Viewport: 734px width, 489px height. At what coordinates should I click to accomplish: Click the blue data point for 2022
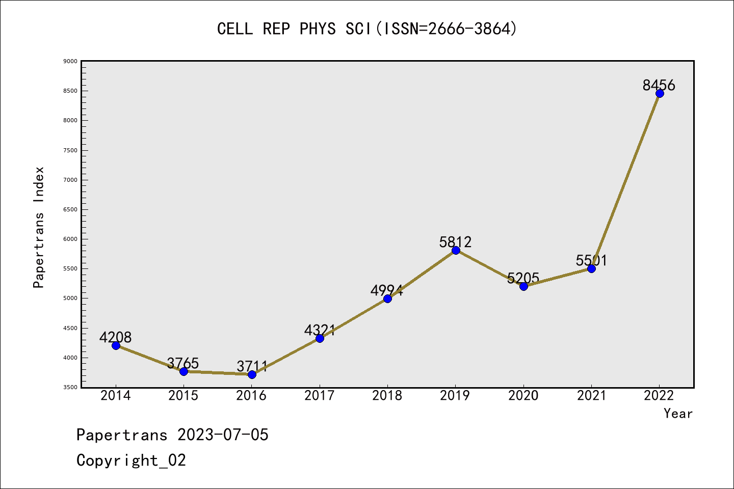pyautogui.click(x=660, y=93)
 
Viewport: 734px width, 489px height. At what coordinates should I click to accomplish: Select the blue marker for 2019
pyautogui.click(x=456, y=250)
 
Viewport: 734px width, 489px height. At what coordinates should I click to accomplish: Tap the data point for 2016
pyautogui.click(x=252, y=374)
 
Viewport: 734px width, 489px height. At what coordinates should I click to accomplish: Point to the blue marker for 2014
pyautogui.click(x=116, y=345)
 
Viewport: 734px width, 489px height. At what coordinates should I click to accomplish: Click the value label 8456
pyautogui.click(x=659, y=85)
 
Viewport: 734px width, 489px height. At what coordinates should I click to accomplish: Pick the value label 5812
pyautogui.click(x=455, y=242)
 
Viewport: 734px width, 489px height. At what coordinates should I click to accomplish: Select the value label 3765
pyautogui.click(x=182, y=363)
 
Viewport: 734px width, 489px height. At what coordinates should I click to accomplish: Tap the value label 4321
pyautogui.click(x=320, y=330)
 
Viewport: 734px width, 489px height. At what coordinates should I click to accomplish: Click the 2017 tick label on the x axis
pyautogui.click(x=319, y=395)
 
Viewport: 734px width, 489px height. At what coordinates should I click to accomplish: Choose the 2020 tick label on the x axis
pyautogui.click(x=523, y=395)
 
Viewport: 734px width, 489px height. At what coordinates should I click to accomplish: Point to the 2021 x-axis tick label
pyautogui.click(x=591, y=395)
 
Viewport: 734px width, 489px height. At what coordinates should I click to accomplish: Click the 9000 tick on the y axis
pyautogui.click(x=70, y=61)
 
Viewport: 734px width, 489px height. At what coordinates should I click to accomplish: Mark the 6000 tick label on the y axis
pyautogui.click(x=70, y=239)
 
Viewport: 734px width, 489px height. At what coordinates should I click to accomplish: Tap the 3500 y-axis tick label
pyautogui.click(x=70, y=387)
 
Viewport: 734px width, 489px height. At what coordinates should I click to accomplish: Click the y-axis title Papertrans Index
pyautogui.click(x=39, y=227)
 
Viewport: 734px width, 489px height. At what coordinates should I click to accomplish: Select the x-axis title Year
pyautogui.click(x=678, y=414)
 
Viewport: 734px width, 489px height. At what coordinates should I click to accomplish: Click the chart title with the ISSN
pyautogui.click(x=367, y=29)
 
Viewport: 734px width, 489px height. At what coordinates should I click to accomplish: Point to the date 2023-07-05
pyautogui.click(x=223, y=434)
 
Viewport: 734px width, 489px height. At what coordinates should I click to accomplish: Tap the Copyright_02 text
pyautogui.click(x=131, y=460)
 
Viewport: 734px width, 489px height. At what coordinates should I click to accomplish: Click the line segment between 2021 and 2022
pyautogui.click(x=625, y=181)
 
